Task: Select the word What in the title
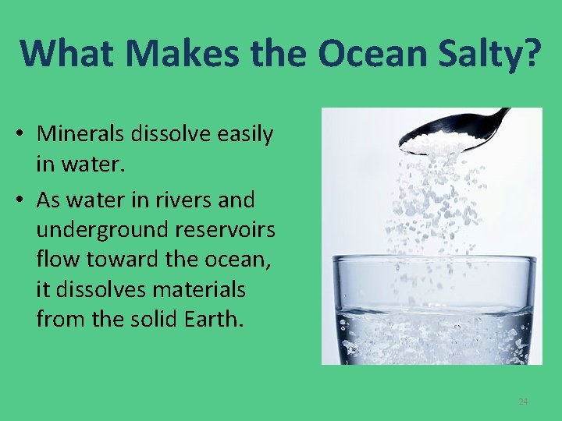point(66,52)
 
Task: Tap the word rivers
point(182,200)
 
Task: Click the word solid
point(143,318)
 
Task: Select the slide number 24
point(523,402)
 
